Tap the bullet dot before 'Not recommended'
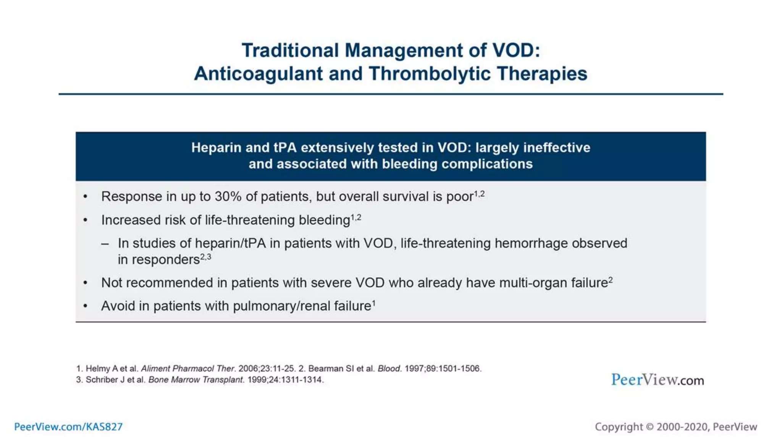click(x=86, y=283)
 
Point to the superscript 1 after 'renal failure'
click(x=374, y=303)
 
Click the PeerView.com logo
click(x=657, y=380)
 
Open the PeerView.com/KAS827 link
click(x=68, y=427)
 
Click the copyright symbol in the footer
click(x=650, y=427)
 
